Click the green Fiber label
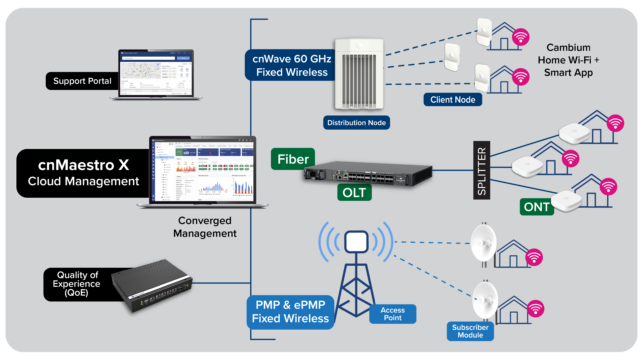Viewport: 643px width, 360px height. click(292, 158)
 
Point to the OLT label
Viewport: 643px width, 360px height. click(352, 190)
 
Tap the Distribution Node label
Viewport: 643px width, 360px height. click(356, 123)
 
